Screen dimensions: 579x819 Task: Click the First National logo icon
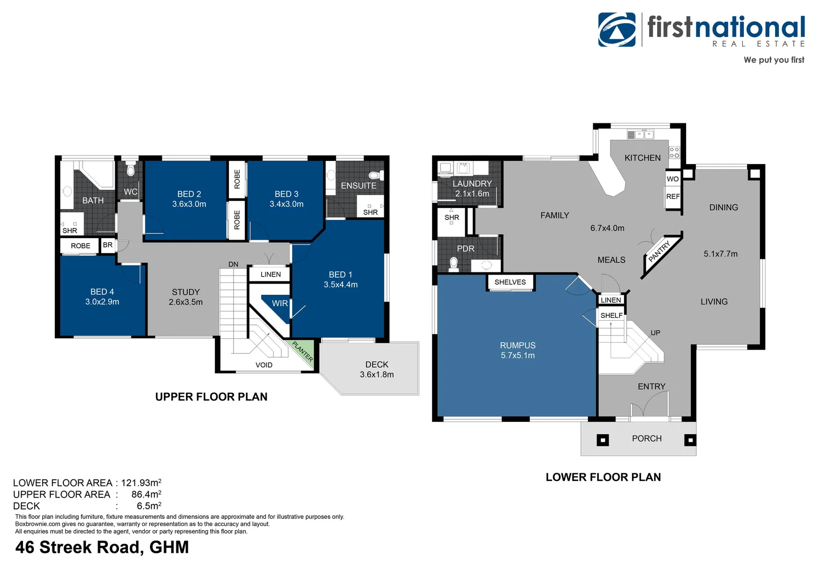click(617, 29)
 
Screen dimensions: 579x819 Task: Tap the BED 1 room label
click(340, 279)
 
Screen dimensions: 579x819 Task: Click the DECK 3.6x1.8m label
click(377, 369)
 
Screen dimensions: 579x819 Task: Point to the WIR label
click(279, 303)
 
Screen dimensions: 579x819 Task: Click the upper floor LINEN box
click(270, 274)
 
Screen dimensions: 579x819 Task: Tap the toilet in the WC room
click(130, 170)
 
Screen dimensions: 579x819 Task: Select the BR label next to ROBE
click(108, 245)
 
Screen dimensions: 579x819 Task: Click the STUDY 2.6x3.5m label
click(185, 297)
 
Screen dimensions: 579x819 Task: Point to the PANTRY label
click(659, 252)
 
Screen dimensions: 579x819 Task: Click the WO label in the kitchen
click(673, 179)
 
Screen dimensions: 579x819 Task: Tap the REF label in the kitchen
click(673, 197)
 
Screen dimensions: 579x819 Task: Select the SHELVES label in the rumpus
click(510, 282)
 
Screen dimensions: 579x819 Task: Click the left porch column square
click(603, 440)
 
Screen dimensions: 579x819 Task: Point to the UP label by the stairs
click(656, 333)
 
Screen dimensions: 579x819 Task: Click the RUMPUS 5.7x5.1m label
click(518, 350)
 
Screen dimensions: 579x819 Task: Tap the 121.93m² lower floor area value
click(141, 483)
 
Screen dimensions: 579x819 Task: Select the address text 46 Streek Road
click(102, 547)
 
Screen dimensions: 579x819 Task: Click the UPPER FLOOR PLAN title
click(211, 397)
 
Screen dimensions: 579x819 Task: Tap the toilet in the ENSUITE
click(375, 175)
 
